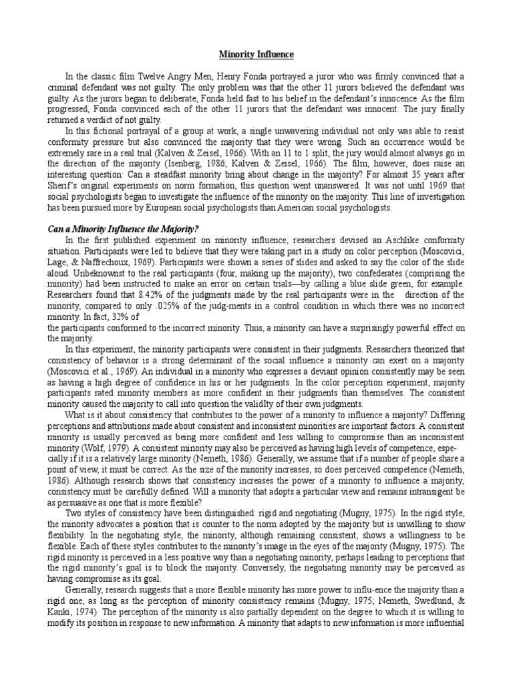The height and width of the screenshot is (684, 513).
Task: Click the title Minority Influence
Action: click(256, 54)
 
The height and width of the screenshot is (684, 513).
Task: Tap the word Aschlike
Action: click(385, 240)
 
